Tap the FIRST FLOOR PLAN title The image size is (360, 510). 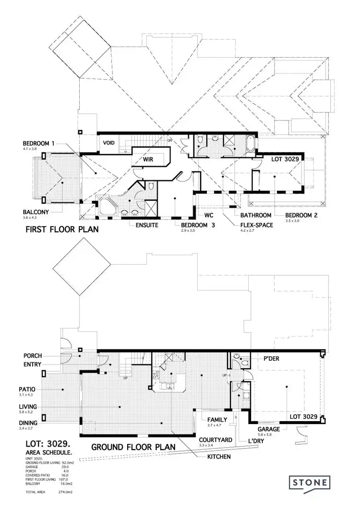pyautogui.click(x=61, y=230)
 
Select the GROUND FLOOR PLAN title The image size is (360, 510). pyautogui.click(x=132, y=447)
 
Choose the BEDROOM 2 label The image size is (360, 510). pyautogui.click(x=301, y=215)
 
